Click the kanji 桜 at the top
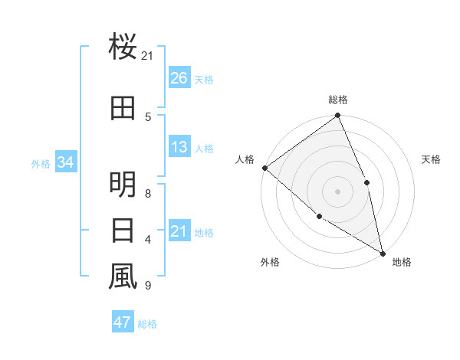coord(123,47)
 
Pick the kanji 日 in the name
coord(123,230)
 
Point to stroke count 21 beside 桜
coord(147,56)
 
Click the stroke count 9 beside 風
coord(147,286)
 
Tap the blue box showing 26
coord(179,78)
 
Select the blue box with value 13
coord(179,147)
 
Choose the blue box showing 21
coord(179,231)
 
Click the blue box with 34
coord(66,162)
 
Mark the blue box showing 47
coord(123,322)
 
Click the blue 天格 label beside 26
coord(204,80)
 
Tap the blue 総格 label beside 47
coord(147,324)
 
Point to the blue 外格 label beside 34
coord(41,163)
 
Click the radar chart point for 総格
coord(337,116)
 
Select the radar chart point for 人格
coord(264,168)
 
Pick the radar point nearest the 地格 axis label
coord(382,252)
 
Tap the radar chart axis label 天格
coord(432,159)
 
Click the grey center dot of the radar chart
coord(337,191)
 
